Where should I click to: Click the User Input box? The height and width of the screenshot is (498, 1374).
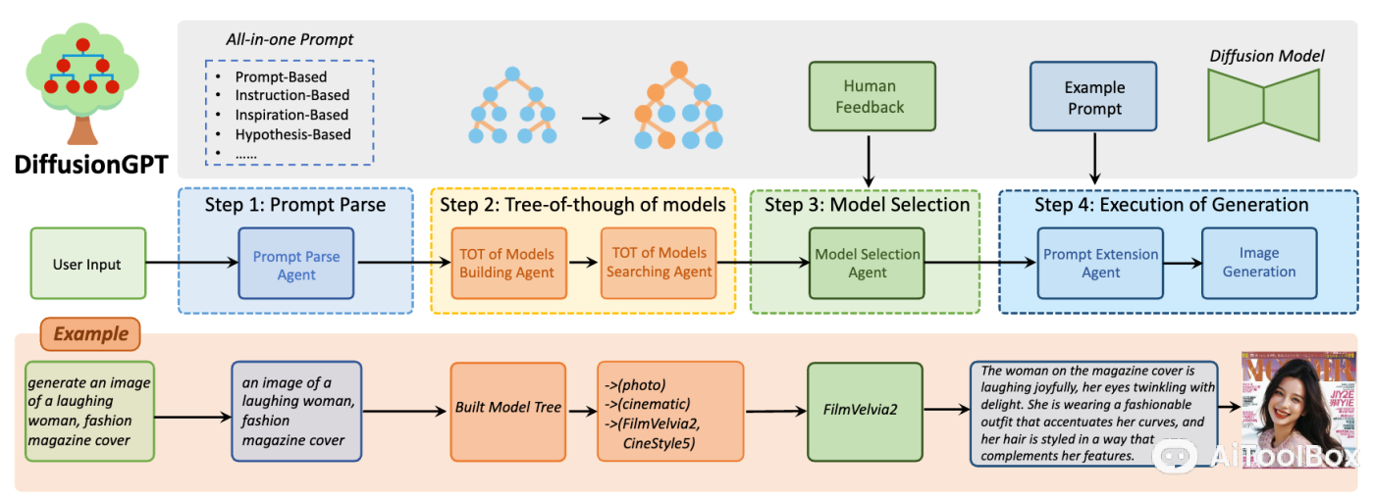click(87, 265)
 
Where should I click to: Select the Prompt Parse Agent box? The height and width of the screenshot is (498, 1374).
click(295, 265)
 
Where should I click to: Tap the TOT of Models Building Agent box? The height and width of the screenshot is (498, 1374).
click(506, 263)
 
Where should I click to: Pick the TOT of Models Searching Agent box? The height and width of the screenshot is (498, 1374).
click(659, 263)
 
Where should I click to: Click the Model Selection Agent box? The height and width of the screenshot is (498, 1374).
click(867, 263)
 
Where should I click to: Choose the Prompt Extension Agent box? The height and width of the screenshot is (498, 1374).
click(1100, 263)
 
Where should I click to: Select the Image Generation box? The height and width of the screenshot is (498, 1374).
click(1259, 263)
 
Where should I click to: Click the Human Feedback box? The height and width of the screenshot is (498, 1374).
click(870, 97)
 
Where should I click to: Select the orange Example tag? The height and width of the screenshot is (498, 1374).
click(90, 333)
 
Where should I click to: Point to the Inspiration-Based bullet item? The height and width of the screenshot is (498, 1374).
click(291, 115)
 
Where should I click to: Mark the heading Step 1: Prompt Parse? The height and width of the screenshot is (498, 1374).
click(295, 205)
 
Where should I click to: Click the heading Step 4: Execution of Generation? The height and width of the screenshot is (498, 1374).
click(1171, 205)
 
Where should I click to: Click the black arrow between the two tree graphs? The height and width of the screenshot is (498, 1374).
click(594, 118)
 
